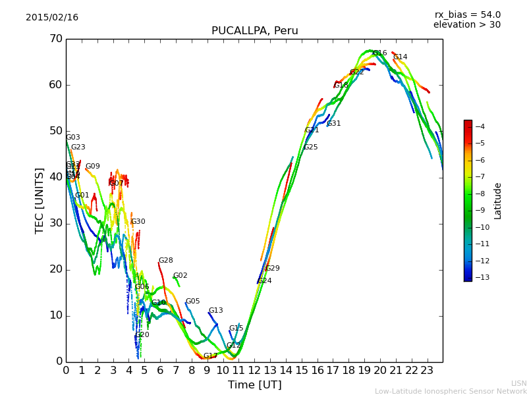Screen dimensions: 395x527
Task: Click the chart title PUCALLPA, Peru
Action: (254, 31)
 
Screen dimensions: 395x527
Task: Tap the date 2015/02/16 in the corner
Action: (52, 17)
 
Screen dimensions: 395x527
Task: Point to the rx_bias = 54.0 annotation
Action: (467, 14)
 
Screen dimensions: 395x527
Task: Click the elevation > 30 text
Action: (467, 25)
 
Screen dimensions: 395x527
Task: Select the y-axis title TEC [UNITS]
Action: (40, 200)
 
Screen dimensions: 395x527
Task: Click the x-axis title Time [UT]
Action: (254, 384)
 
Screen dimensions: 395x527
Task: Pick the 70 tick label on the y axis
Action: (55, 39)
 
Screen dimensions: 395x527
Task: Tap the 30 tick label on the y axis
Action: (55, 223)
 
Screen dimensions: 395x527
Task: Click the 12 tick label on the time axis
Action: (254, 369)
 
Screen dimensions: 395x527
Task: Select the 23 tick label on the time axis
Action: (427, 369)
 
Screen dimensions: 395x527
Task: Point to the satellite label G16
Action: (380, 53)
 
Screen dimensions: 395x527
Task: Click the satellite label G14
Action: (400, 57)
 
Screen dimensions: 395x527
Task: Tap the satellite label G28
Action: (165, 261)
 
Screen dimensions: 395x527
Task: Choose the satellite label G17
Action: (210, 356)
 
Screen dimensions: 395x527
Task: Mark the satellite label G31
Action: (334, 124)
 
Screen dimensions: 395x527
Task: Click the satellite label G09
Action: (93, 167)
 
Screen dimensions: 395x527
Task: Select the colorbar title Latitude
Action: (498, 200)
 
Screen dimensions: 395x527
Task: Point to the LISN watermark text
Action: (518, 383)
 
